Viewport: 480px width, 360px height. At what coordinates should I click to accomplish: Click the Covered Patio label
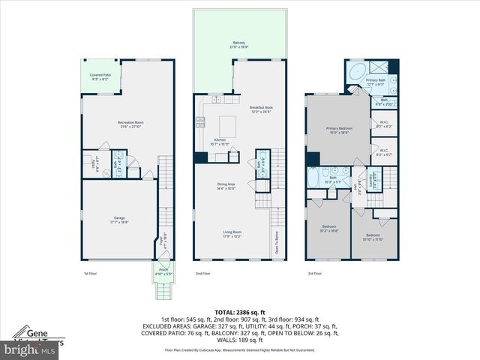(100, 76)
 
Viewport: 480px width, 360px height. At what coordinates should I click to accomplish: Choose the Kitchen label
(220, 140)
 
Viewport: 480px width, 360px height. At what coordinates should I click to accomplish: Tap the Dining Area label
(226, 187)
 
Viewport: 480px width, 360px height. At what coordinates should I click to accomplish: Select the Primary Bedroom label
(339, 130)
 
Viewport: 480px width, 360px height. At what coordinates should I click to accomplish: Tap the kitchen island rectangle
(227, 124)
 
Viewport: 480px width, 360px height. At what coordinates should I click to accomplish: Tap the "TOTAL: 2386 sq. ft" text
(240, 311)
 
